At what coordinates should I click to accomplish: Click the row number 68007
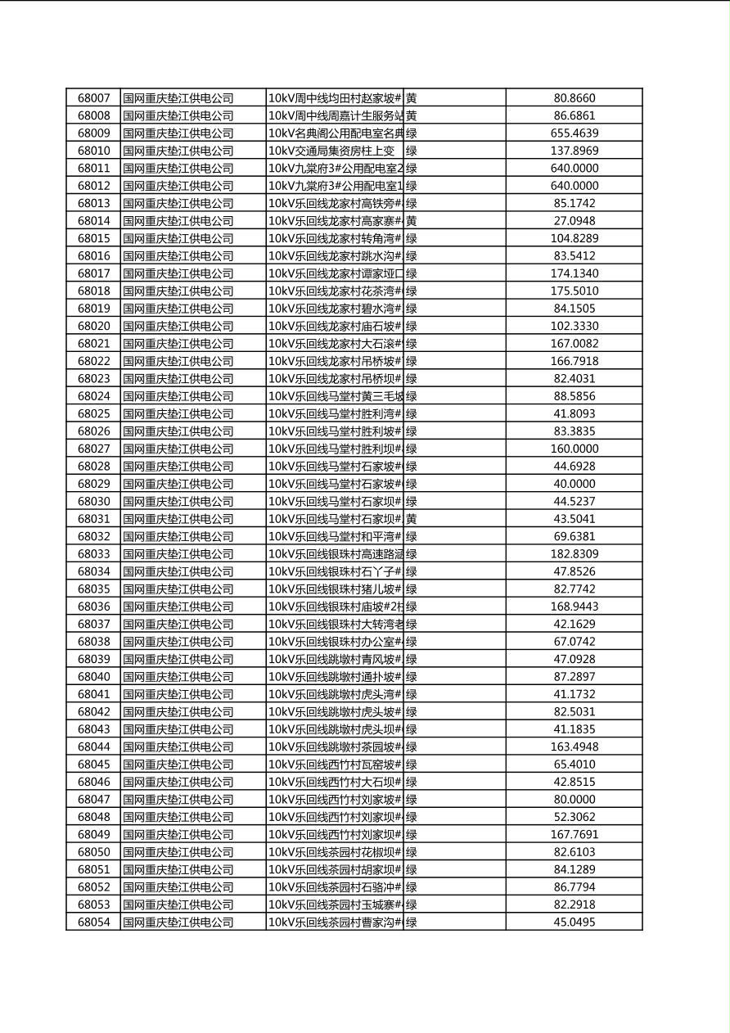(93, 98)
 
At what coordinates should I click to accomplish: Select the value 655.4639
(575, 133)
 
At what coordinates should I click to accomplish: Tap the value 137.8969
(575, 151)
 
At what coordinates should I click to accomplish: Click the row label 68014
(93, 221)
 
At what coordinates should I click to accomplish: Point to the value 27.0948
(575, 221)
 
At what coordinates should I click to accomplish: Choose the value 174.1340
(575, 273)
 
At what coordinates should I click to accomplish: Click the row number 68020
(93, 326)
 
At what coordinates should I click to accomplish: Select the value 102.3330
(575, 326)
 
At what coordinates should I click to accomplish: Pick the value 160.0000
(575, 449)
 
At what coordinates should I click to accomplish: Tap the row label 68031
(93, 519)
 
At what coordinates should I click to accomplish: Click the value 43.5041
(575, 519)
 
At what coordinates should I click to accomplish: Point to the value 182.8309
(575, 554)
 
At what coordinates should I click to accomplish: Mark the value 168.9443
(575, 607)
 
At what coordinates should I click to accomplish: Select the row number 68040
(93, 677)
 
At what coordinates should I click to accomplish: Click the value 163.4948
(575, 747)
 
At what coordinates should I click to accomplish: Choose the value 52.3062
(575, 817)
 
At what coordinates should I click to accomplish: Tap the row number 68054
(93, 922)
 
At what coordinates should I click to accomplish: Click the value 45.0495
(575, 922)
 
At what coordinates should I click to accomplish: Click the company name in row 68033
(178, 554)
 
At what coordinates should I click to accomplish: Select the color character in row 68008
(412, 116)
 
